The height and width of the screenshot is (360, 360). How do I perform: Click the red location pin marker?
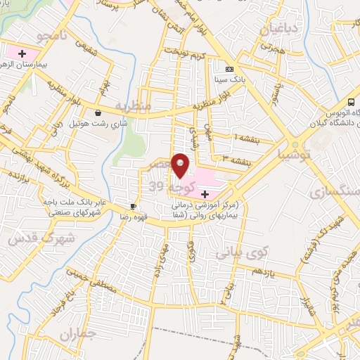pos(181,165)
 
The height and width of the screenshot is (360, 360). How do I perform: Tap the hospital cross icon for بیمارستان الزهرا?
pos(22,53)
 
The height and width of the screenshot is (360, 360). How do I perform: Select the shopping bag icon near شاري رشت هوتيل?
pos(97,112)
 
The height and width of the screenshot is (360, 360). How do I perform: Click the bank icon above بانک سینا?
pos(229,69)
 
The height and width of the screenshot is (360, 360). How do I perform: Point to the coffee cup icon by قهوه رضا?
pos(132,206)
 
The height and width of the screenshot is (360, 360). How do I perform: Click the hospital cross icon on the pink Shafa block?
pos(205,193)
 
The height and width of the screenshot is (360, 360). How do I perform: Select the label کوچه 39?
pos(167,186)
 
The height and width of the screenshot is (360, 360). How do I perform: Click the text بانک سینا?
pos(231,81)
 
